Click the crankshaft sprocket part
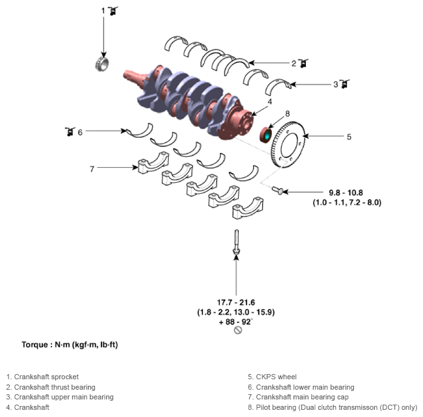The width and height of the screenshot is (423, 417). click(x=102, y=64)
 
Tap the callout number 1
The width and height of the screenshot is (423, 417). click(x=103, y=11)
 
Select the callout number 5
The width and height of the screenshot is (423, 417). click(x=349, y=137)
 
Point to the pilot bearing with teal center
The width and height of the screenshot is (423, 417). click(x=266, y=135)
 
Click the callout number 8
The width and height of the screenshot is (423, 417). click(x=287, y=114)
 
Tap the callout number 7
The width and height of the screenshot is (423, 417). click(x=92, y=169)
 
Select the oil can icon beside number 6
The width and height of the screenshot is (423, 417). click(x=70, y=131)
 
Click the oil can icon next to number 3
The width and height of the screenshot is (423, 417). click(x=344, y=84)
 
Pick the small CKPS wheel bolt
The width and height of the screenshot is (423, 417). click(x=278, y=190)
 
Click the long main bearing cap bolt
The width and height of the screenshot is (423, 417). click(x=236, y=242)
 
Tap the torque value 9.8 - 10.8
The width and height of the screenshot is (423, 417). click(x=346, y=193)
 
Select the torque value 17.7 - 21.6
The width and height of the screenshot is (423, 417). click(x=236, y=303)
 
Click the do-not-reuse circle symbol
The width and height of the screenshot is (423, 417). click(x=238, y=330)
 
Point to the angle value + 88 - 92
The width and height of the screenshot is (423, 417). click(x=235, y=322)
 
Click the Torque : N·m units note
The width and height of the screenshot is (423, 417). click(x=70, y=345)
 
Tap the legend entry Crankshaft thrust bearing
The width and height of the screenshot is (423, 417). click(x=51, y=387)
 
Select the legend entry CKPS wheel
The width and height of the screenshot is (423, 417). click(x=272, y=377)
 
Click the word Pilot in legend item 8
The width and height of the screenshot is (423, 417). click(x=262, y=407)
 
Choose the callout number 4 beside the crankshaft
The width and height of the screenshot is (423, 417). click(x=269, y=101)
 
